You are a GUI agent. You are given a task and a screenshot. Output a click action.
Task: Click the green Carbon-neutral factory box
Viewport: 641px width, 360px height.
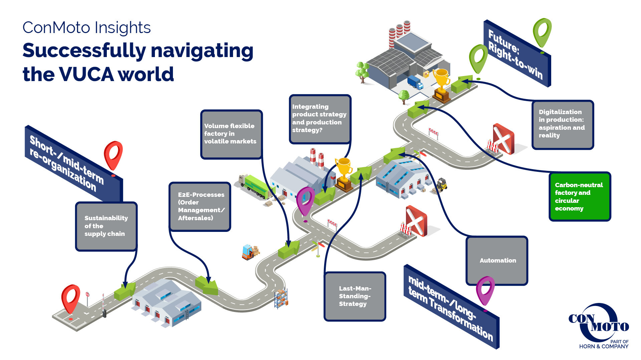coord(580,197)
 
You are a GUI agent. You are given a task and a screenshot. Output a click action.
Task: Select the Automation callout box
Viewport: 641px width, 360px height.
coord(497,261)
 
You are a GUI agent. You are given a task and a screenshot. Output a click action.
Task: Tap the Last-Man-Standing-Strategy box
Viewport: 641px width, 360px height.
coord(355,296)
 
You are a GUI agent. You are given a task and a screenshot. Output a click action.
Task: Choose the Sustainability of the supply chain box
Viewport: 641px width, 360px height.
coord(106,226)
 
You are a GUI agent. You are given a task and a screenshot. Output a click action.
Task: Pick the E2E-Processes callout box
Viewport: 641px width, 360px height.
coord(200,207)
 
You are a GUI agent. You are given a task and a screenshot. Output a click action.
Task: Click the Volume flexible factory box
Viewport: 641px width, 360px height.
coord(231,134)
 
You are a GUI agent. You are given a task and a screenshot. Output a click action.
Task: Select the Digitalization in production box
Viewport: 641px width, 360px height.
coord(563,124)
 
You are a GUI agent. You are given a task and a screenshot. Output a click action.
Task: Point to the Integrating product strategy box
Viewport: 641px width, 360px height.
coord(320,119)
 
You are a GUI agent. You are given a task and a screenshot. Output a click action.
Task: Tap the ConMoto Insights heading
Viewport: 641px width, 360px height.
coord(86,27)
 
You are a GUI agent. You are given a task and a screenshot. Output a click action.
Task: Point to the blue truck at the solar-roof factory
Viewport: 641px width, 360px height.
coord(415,82)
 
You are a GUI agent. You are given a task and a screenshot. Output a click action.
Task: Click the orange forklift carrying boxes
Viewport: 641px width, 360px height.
coord(250,252)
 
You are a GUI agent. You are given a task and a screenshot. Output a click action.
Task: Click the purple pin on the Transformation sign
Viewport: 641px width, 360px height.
coord(485,291)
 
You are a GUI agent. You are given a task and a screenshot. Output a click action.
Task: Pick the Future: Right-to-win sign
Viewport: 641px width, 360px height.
coord(517,54)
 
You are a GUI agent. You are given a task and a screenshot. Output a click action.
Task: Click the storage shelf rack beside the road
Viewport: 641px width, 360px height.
coord(281,299)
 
